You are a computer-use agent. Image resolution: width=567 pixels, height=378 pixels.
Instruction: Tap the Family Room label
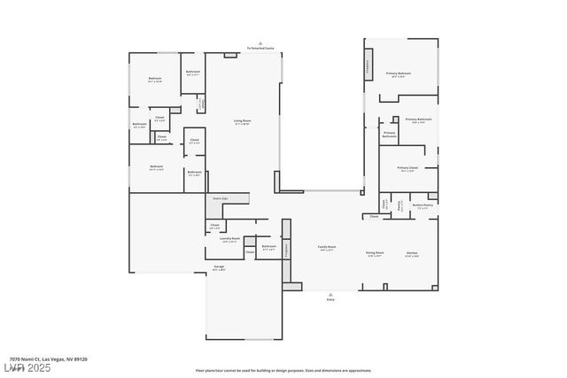pyautogui.click(x=326, y=248)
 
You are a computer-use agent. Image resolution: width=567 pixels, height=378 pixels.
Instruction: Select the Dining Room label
pyautogui.click(x=375, y=253)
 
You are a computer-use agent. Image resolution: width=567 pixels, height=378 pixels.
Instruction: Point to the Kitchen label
pyautogui.click(x=412, y=253)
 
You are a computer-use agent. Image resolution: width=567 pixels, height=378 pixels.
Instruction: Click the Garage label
pyautogui.click(x=219, y=266)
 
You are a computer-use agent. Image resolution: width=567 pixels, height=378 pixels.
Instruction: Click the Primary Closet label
pyautogui.click(x=407, y=167)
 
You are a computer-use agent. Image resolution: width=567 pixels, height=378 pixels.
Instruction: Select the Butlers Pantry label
pyautogui.click(x=423, y=205)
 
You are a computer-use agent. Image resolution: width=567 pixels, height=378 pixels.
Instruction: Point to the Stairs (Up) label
pyautogui.click(x=219, y=198)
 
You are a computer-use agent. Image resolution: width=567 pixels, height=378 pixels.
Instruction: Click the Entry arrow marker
pyautogui.click(x=330, y=295)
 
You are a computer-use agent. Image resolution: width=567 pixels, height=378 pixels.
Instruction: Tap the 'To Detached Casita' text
pyautogui.click(x=260, y=48)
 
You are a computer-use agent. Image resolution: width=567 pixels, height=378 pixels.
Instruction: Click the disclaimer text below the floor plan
pyautogui.click(x=283, y=370)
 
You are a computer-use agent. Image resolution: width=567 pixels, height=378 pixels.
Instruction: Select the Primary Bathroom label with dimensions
pyautogui.click(x=418, y=120)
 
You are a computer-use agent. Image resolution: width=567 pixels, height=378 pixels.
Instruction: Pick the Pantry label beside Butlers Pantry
pyautogui.click(x=400, y=204)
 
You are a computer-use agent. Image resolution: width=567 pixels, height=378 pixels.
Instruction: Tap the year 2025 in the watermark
pyautogui.click(x=39, y=367)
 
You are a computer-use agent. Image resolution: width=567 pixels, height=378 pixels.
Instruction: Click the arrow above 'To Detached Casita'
pyautogui.click(x=260, y=42)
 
